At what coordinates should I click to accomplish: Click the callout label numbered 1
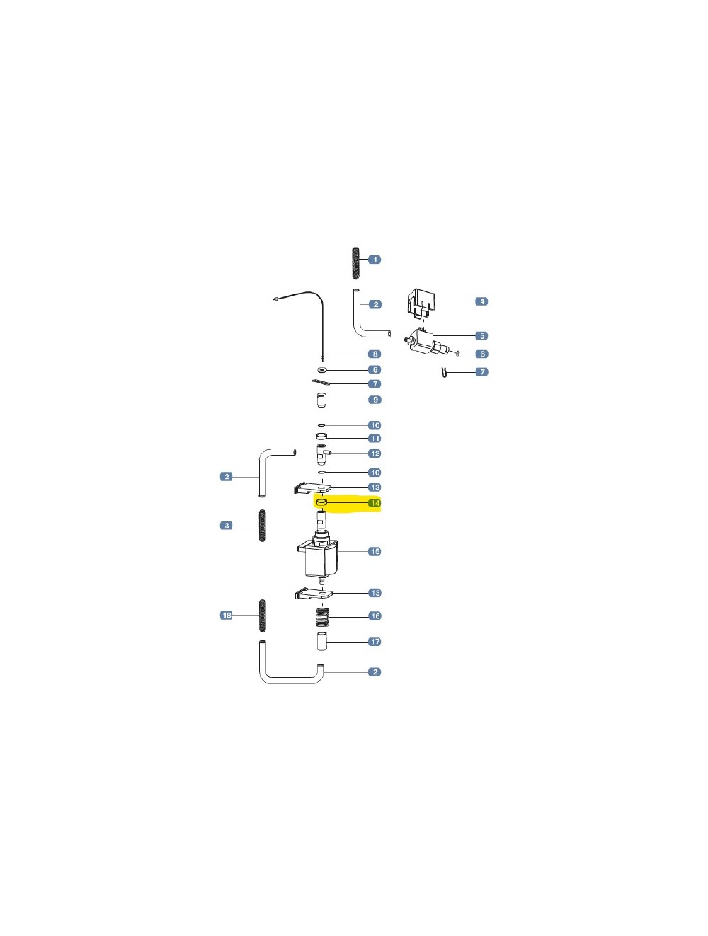pyautogui.click(x=375, y=259)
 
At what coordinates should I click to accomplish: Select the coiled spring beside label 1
pyautogui.click(x=356, y=263)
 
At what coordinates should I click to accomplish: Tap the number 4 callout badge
pyautogui.click(x=481, y=301)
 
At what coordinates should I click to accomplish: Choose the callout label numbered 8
pyautogui.click(x=375, y=354)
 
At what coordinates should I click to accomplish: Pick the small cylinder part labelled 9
pyautogui.click(x=321, y=400)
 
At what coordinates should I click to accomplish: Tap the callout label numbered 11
pyautogui.click(x=375, y=439)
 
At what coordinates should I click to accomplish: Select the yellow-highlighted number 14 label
pyautogui.click(x=375, y=503)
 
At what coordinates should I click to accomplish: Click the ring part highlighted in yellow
pyautogui.click(x=321, y=503)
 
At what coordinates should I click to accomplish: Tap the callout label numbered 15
pyautogui.click(x=375, y=551)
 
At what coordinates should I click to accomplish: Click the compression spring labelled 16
pyautogui.click(x=323, y=618)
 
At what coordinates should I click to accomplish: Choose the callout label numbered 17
pyautogui.click(x=375, y=642)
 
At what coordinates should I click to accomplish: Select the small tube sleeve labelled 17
pyautogui.click(x=321, y=642)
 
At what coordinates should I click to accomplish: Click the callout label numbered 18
pyautogui.click(x=226, y=615)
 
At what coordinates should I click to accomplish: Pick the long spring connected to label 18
pyautogui.click(x=263, y=616)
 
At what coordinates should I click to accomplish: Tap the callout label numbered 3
pyautogui.click(x=227, y=526)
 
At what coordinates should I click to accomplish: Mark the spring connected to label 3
pyautogui.click(x=263, y=526)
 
